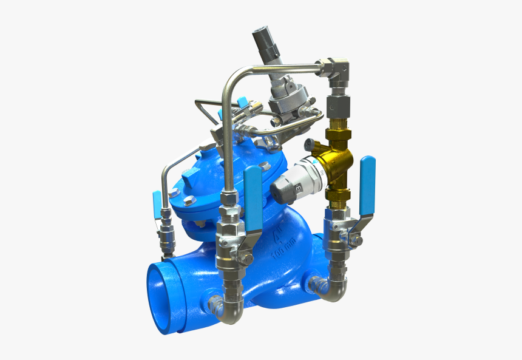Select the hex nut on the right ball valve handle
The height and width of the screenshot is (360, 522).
click(x=359, y=241)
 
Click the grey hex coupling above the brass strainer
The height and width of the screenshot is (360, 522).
click(x=335, y=106)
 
